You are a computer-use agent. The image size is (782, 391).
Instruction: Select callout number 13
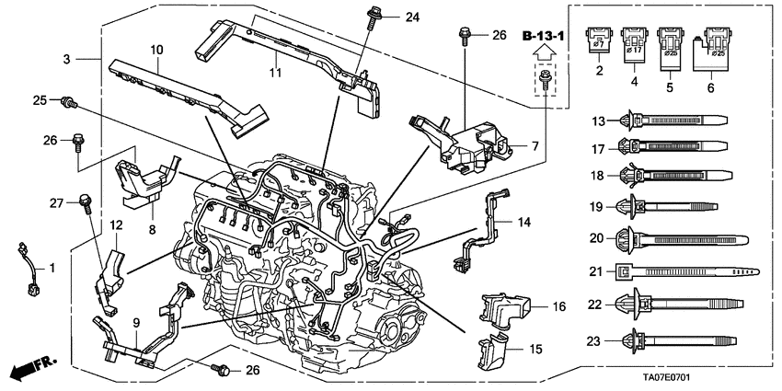pos(596,120)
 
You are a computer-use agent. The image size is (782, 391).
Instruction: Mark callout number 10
pos(156,48)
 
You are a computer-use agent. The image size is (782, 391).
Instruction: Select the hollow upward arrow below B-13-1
pos(545,58)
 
